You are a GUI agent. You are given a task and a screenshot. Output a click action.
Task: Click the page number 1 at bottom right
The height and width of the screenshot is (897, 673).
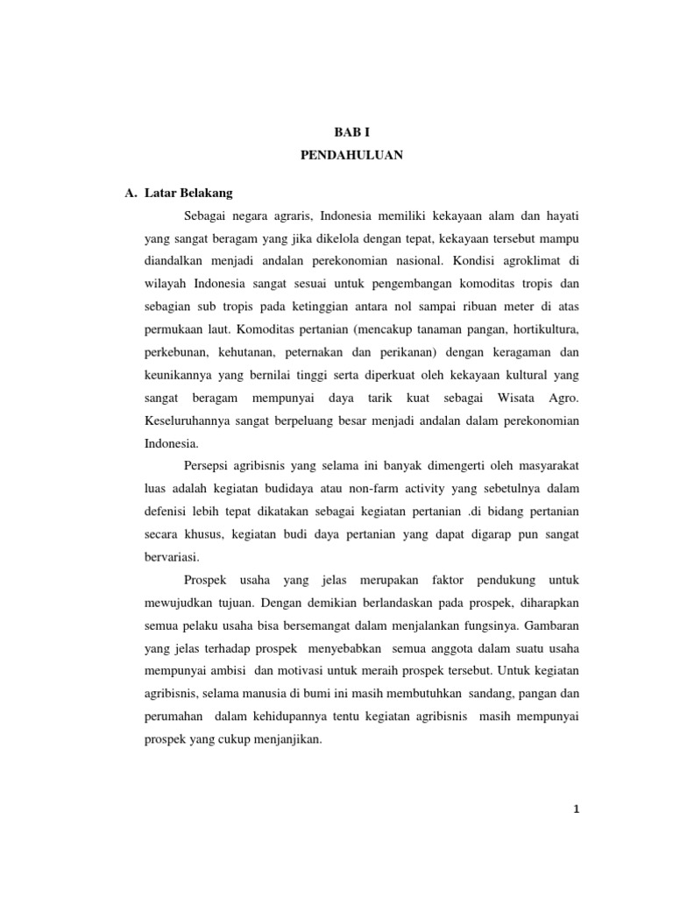(576, 809)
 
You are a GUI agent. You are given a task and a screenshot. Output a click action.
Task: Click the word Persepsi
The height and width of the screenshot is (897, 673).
(209, 466)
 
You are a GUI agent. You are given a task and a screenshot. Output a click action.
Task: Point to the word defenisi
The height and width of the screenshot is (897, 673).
(169, 512)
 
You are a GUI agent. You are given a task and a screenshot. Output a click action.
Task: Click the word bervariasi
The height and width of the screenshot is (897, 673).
(172, 557)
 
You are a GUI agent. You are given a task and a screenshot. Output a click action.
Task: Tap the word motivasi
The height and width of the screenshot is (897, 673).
(298, 671)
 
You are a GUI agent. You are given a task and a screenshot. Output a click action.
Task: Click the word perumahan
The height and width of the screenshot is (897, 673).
(174, 717)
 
